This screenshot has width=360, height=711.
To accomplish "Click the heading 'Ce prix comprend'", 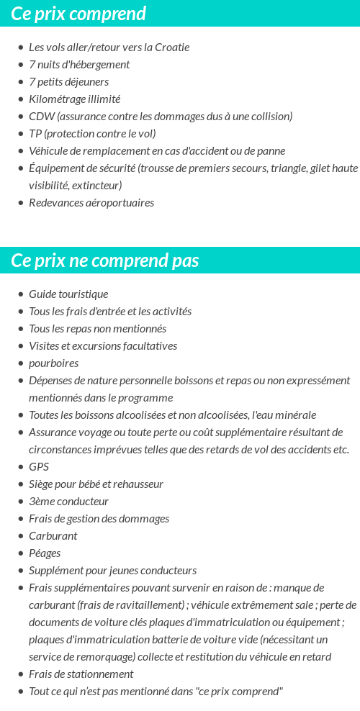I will tap(78, 14).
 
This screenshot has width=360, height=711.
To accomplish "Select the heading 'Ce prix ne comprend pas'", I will tap(105, 260).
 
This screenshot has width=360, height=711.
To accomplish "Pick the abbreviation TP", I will tap(35, 134).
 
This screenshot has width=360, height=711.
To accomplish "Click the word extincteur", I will tap(97, 186).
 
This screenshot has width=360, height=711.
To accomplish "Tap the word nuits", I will tap(49, 65).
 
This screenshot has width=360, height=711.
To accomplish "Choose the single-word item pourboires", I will tap(54, 363).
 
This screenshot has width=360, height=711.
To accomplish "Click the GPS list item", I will tap(39, 467).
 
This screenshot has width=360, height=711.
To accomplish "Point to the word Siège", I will tap(42, 484).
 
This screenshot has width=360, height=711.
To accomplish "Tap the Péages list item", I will tap(45, 553).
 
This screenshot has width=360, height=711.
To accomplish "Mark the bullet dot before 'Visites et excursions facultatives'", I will tap(21, 346).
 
